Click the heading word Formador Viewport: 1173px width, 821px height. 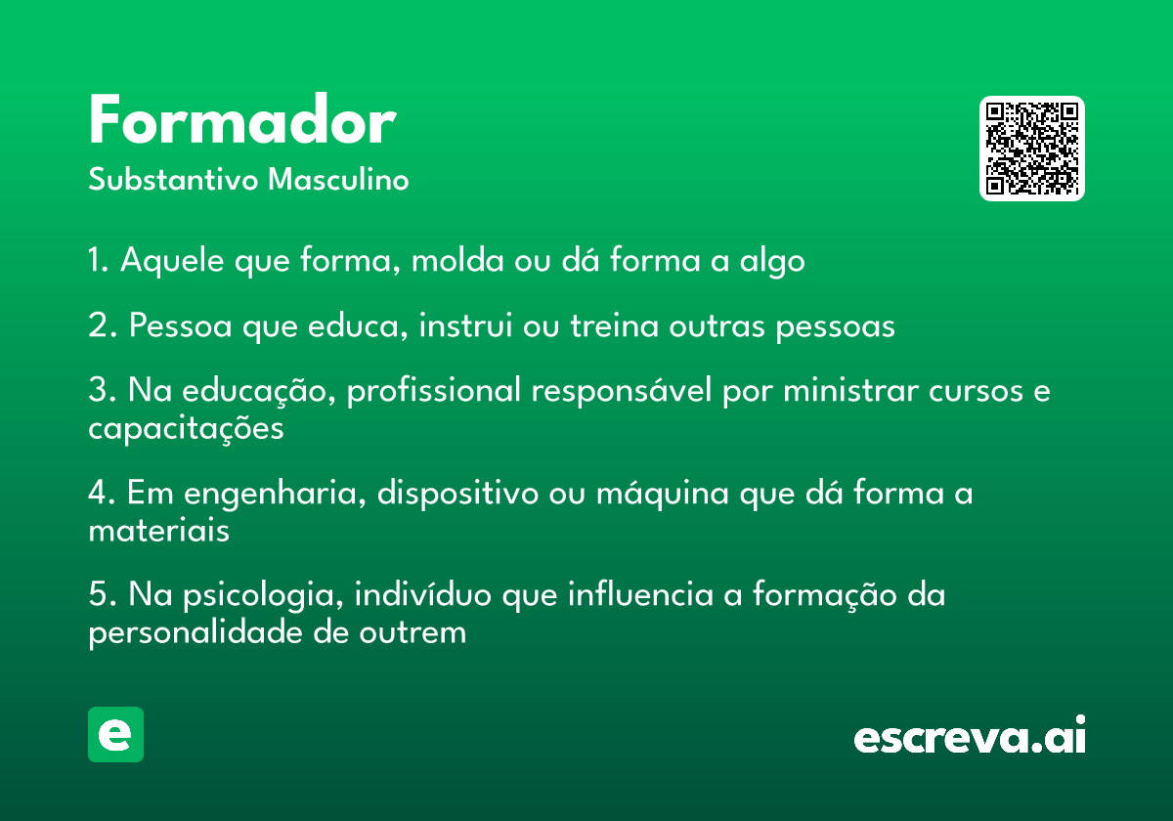242,119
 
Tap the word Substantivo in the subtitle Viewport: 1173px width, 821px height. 173,179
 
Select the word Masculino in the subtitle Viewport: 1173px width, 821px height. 338,179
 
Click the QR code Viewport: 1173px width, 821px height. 1031,149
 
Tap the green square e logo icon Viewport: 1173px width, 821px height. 115,734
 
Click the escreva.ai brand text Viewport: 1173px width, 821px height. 970,735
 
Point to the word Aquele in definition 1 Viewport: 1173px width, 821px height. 172,260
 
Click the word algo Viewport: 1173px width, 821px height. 772,261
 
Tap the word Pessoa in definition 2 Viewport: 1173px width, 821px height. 180,325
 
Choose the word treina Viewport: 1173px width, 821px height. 614,325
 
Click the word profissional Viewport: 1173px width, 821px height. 434,391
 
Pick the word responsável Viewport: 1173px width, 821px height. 622,391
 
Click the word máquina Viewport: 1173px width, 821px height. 663,494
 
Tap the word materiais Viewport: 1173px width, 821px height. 158,531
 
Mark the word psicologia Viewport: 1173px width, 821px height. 263,596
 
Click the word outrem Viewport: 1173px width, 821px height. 413,633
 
